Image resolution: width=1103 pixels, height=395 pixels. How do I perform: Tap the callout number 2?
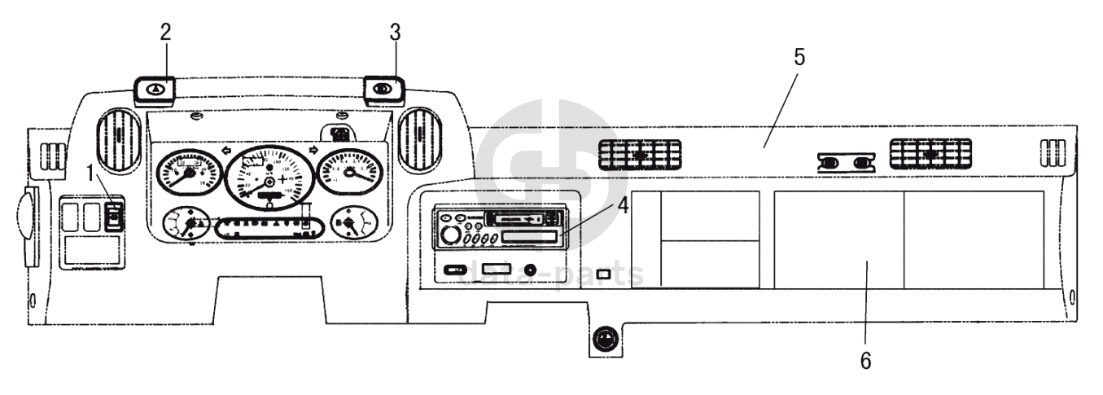pos(166,32)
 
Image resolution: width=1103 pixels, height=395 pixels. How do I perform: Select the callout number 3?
pos(395,33)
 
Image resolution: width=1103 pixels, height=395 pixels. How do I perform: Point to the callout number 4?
pos(622,206)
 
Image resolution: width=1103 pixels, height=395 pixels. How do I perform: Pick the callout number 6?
pos(865,359)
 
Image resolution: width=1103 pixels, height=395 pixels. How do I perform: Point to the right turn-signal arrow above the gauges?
pos(312,151)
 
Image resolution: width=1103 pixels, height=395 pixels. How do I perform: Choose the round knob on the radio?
pos(449,236)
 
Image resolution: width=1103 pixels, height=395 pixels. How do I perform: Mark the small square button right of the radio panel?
pos(603,274)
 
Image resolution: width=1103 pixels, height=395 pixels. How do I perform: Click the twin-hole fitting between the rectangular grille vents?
pos(846,163)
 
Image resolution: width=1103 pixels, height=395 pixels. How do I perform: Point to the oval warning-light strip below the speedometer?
pos(262,226)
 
